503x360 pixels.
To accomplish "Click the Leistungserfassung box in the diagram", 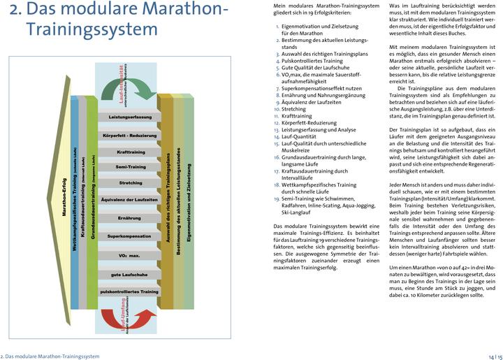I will click(x=130, y=117).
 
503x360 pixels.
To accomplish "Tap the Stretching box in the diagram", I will click(x=130, y=184).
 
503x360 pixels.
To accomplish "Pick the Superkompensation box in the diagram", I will click(x=130, y=237).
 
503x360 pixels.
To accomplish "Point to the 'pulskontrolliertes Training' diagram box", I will click(x=130, y=291).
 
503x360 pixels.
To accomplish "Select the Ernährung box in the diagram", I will click(x=130, y=219).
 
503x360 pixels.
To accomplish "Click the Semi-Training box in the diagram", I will click(x=130, y=167).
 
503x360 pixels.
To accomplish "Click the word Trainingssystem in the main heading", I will click(x=92, y=30).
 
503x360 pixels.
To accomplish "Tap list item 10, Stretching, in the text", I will click(x=297, y=109).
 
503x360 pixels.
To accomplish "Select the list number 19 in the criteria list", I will click(x=276, y=199).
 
